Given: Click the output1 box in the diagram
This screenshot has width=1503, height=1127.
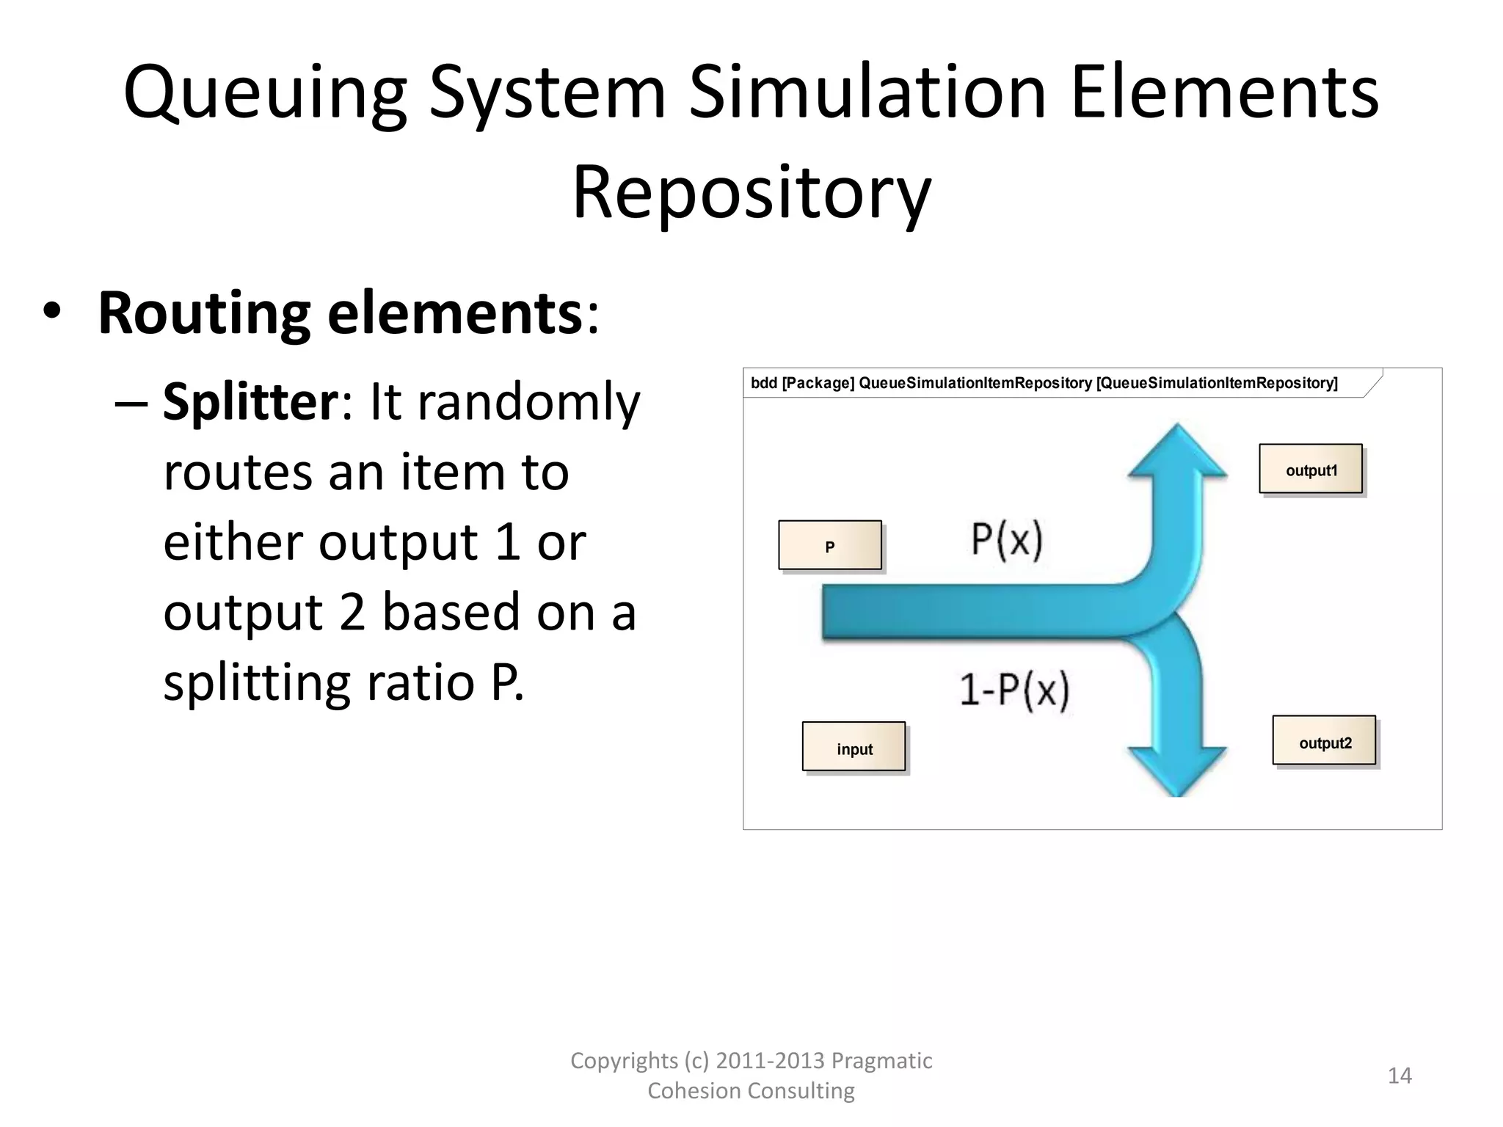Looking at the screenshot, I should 1311,470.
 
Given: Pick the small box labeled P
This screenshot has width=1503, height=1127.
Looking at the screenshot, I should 830,546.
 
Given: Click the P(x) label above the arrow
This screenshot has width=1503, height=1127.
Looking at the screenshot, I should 1007,540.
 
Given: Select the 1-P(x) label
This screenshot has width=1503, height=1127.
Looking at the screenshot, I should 1014,690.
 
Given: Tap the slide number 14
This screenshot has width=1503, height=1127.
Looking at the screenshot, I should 1400,1076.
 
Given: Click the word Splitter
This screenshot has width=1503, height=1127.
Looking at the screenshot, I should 250,403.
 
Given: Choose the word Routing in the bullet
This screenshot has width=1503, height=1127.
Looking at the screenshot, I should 204,314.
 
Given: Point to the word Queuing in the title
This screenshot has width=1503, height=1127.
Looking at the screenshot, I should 265,93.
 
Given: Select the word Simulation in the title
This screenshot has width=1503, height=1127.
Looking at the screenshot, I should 867,93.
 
